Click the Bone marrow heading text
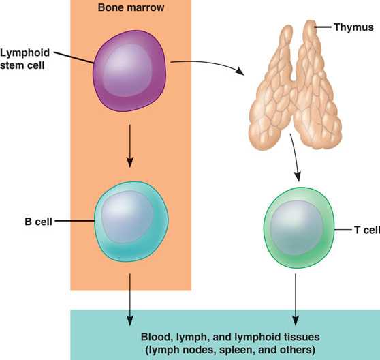coord(131,7)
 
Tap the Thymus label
coord(353,27)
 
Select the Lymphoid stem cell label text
coord(25,59)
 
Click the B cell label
coord(39,222)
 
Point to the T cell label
coord(367,230)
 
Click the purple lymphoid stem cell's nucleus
coord(127,70)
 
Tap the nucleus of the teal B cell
coord(127,217)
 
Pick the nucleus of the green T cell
coord(297,228)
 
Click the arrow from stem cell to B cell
coord(130,146)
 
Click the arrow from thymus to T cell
coord(296,157)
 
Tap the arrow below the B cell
coord(130,299)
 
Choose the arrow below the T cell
coord(296,299)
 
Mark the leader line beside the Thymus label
coord(323,27)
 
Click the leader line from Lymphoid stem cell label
coord(74,58)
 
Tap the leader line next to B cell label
coord(75,221)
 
